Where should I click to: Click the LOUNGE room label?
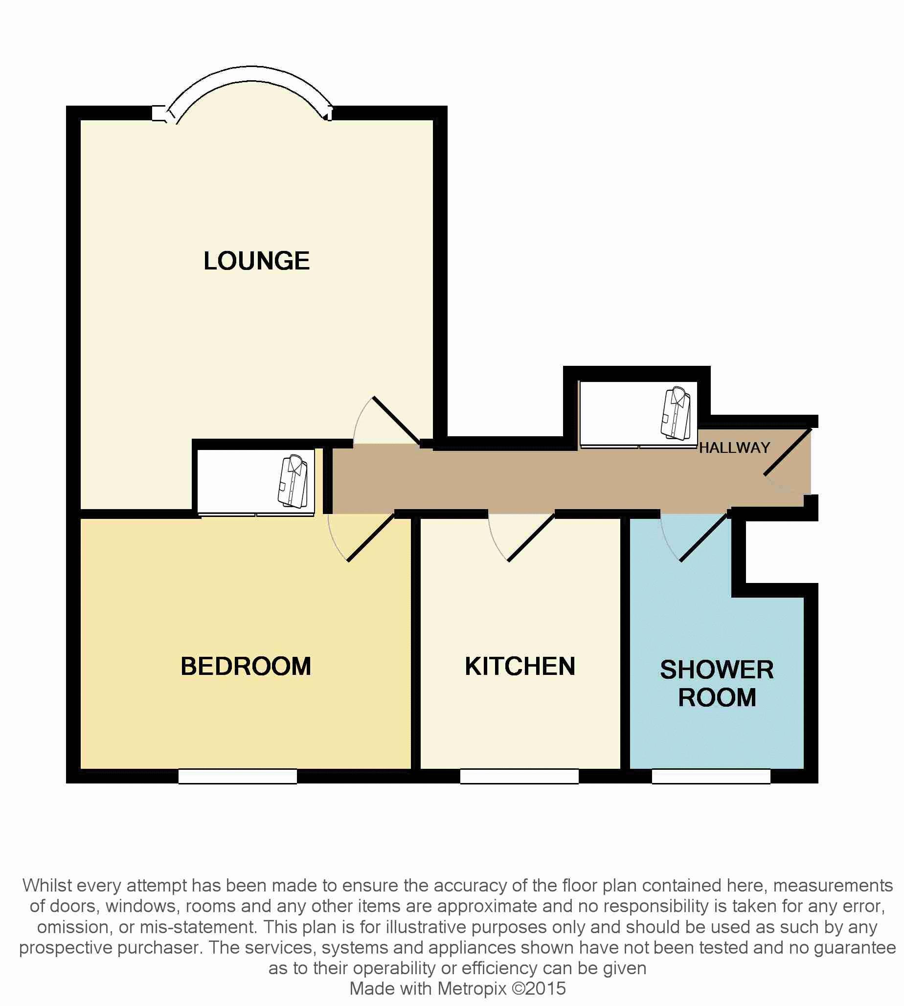click(256, 261)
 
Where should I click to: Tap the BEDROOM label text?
click(246, 667)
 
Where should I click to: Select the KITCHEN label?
click(520, 667)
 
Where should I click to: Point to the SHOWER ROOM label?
click(717, 683)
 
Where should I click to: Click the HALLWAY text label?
click(735, 448)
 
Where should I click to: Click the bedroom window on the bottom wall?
click(237, 776)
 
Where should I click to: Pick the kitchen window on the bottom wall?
click(519, 776)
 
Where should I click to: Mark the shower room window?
click(711, 776)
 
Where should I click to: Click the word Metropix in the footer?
click(472, 988)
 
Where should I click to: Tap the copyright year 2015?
click(545, 988)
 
